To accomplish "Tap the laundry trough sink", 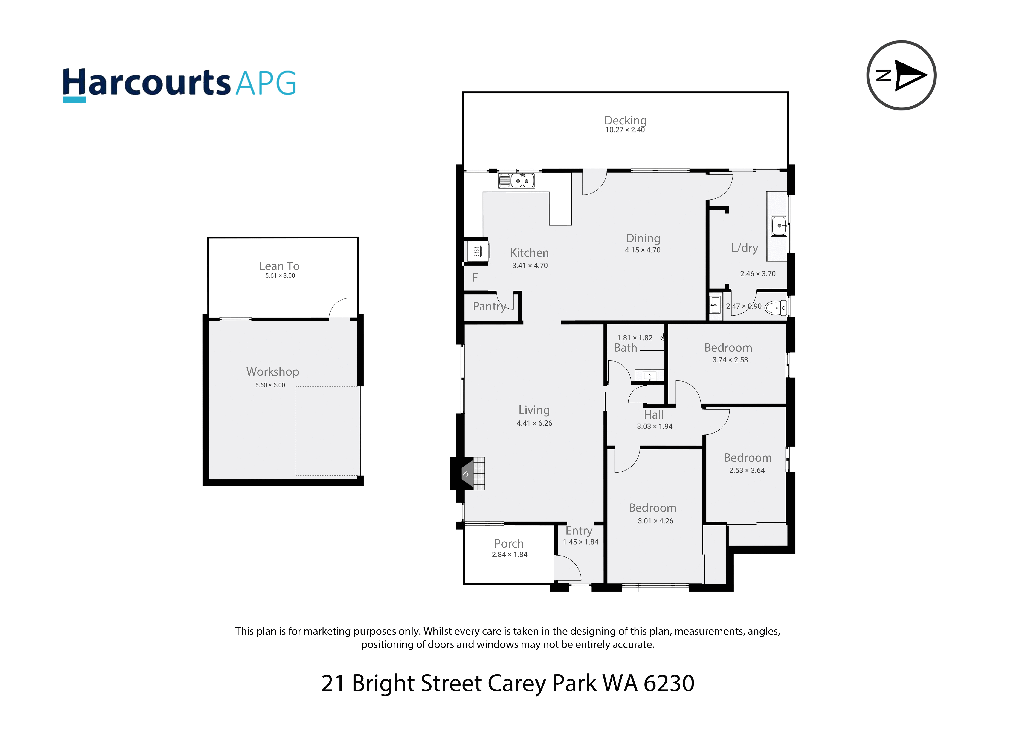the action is [779, 225].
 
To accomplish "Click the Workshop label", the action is [273, 372].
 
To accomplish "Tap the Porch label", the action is [509, 543].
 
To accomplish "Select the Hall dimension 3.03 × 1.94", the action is [655, 426].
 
